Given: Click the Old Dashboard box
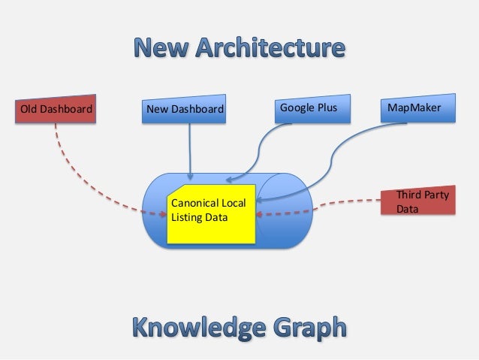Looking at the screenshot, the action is coord(56,110).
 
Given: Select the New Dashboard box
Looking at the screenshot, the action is coord(185,110).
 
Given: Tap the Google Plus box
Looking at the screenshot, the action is coord(309,109).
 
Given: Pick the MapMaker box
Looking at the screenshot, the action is coord(415,109).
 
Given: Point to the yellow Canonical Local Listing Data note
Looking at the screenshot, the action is coord(212,213).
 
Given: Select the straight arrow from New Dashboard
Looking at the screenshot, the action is coord(190,150).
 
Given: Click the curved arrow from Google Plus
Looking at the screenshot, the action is coord(259,150).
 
